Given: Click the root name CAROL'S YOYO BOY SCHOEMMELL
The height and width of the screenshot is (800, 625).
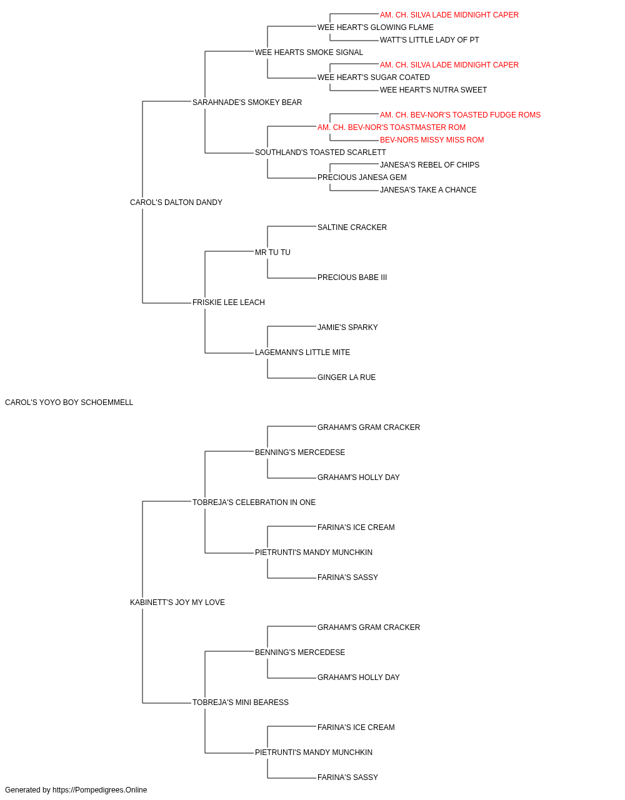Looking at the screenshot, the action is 69,402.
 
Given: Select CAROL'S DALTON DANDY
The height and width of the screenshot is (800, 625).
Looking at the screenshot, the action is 176,202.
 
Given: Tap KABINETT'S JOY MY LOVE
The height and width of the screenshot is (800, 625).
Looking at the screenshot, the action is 177,602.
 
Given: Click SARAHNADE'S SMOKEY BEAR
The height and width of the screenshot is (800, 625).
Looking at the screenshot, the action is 247,102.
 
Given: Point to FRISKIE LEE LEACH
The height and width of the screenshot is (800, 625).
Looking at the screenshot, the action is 229,302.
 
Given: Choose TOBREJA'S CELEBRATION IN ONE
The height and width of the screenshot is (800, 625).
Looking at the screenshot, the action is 254,502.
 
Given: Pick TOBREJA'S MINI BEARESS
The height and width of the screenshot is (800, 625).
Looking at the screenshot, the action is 241,702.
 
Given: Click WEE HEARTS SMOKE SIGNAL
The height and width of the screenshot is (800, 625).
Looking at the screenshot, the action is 309,52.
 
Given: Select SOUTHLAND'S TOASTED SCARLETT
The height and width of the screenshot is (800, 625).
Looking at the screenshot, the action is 320,152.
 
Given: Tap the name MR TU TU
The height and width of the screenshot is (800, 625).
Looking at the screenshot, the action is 272,252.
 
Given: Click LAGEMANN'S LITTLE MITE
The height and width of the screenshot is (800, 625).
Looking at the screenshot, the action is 302,352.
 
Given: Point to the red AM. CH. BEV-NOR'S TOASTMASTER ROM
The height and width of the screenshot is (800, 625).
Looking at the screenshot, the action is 391,127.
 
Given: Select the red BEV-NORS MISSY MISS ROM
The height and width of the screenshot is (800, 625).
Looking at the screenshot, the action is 432,140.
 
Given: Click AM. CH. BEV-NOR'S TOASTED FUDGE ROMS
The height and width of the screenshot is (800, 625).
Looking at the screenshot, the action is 460,115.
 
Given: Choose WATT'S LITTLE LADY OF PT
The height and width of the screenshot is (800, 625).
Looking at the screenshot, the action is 429,40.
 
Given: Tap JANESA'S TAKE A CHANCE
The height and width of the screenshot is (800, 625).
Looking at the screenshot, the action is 428,190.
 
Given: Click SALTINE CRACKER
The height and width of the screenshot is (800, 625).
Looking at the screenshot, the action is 352,227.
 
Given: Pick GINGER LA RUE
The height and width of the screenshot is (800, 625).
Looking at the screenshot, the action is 347,377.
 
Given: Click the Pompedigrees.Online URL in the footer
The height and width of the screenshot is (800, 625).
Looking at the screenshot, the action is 100,790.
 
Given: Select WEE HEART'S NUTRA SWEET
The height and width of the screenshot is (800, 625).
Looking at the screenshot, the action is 433,90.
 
